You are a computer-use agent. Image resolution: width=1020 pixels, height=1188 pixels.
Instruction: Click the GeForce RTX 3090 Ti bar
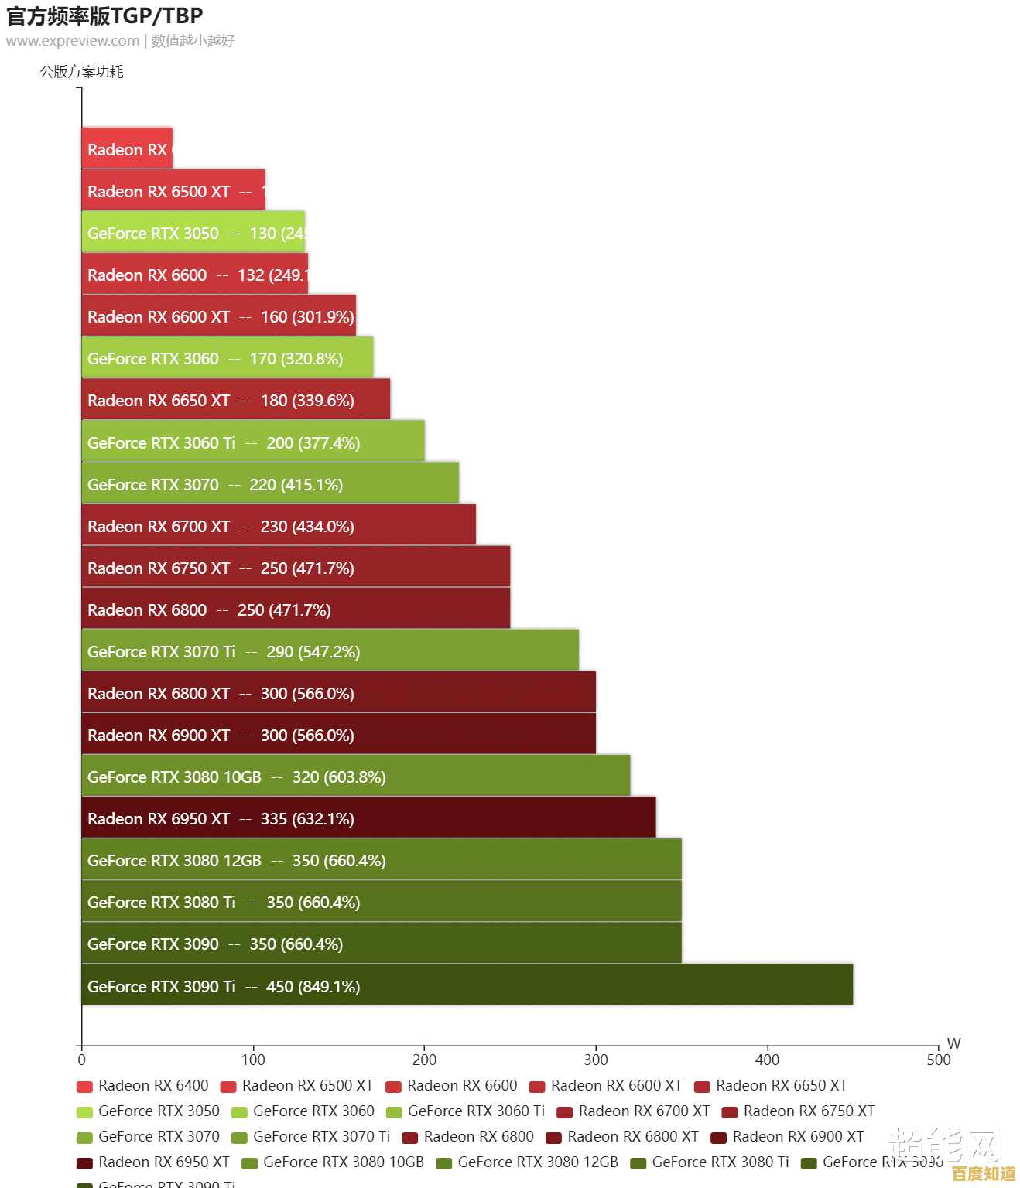point(467,985)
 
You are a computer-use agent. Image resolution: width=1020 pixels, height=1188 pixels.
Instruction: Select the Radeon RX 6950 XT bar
point(368,818)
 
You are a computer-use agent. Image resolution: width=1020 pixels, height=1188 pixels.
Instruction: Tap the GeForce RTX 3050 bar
point(193,232)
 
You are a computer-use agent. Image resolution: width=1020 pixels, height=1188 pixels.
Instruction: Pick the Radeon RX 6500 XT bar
point(173,190)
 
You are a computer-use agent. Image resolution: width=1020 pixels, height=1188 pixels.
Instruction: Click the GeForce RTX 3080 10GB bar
point(356,776)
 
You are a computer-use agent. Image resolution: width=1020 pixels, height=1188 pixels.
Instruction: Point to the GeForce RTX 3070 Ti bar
point(330,650)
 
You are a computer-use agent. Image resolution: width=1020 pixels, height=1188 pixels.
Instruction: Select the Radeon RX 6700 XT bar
point(279,525)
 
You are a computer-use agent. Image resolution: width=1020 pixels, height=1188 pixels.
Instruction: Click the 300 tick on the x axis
point(596,1059)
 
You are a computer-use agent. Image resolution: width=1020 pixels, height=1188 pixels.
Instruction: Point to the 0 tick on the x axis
point(82,1059)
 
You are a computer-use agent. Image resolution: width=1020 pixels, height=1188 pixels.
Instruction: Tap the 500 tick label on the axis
point(939,1059)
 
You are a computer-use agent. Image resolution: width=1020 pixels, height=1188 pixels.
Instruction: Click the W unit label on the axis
point(953,1043)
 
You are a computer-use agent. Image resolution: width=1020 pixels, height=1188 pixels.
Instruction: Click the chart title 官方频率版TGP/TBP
point(104,16)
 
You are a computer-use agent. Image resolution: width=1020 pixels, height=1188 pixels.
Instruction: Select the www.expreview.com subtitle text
point(73,41)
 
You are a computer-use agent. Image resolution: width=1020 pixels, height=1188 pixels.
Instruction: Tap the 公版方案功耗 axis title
point(82,72)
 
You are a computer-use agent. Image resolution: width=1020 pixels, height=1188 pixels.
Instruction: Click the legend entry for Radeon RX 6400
point(143,1086)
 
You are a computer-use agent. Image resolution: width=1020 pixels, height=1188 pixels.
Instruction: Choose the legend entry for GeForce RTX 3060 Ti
point(466,1111)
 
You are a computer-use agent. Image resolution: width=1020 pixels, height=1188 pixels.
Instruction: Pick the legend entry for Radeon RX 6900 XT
point(788,1137)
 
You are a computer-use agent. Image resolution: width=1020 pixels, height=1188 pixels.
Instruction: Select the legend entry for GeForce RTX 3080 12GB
point(528,1162)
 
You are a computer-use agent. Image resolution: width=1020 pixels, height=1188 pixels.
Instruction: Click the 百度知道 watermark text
point(984,1174)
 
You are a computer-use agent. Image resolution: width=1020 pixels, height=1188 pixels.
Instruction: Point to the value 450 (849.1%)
point(313,987)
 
